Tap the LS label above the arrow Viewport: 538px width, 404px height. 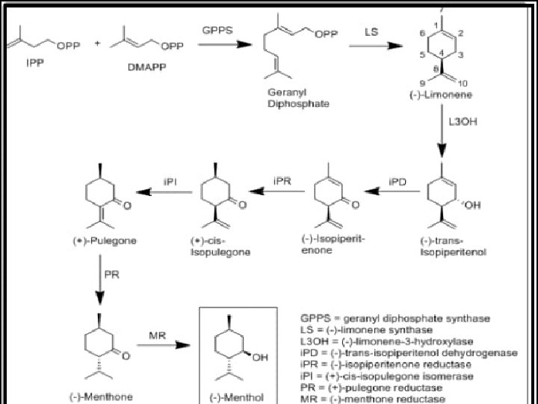click(x=371, y=32)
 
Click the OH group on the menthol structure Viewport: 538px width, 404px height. click(x=258, y=358)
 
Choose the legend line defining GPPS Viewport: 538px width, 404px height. click(x=395, y=319)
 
